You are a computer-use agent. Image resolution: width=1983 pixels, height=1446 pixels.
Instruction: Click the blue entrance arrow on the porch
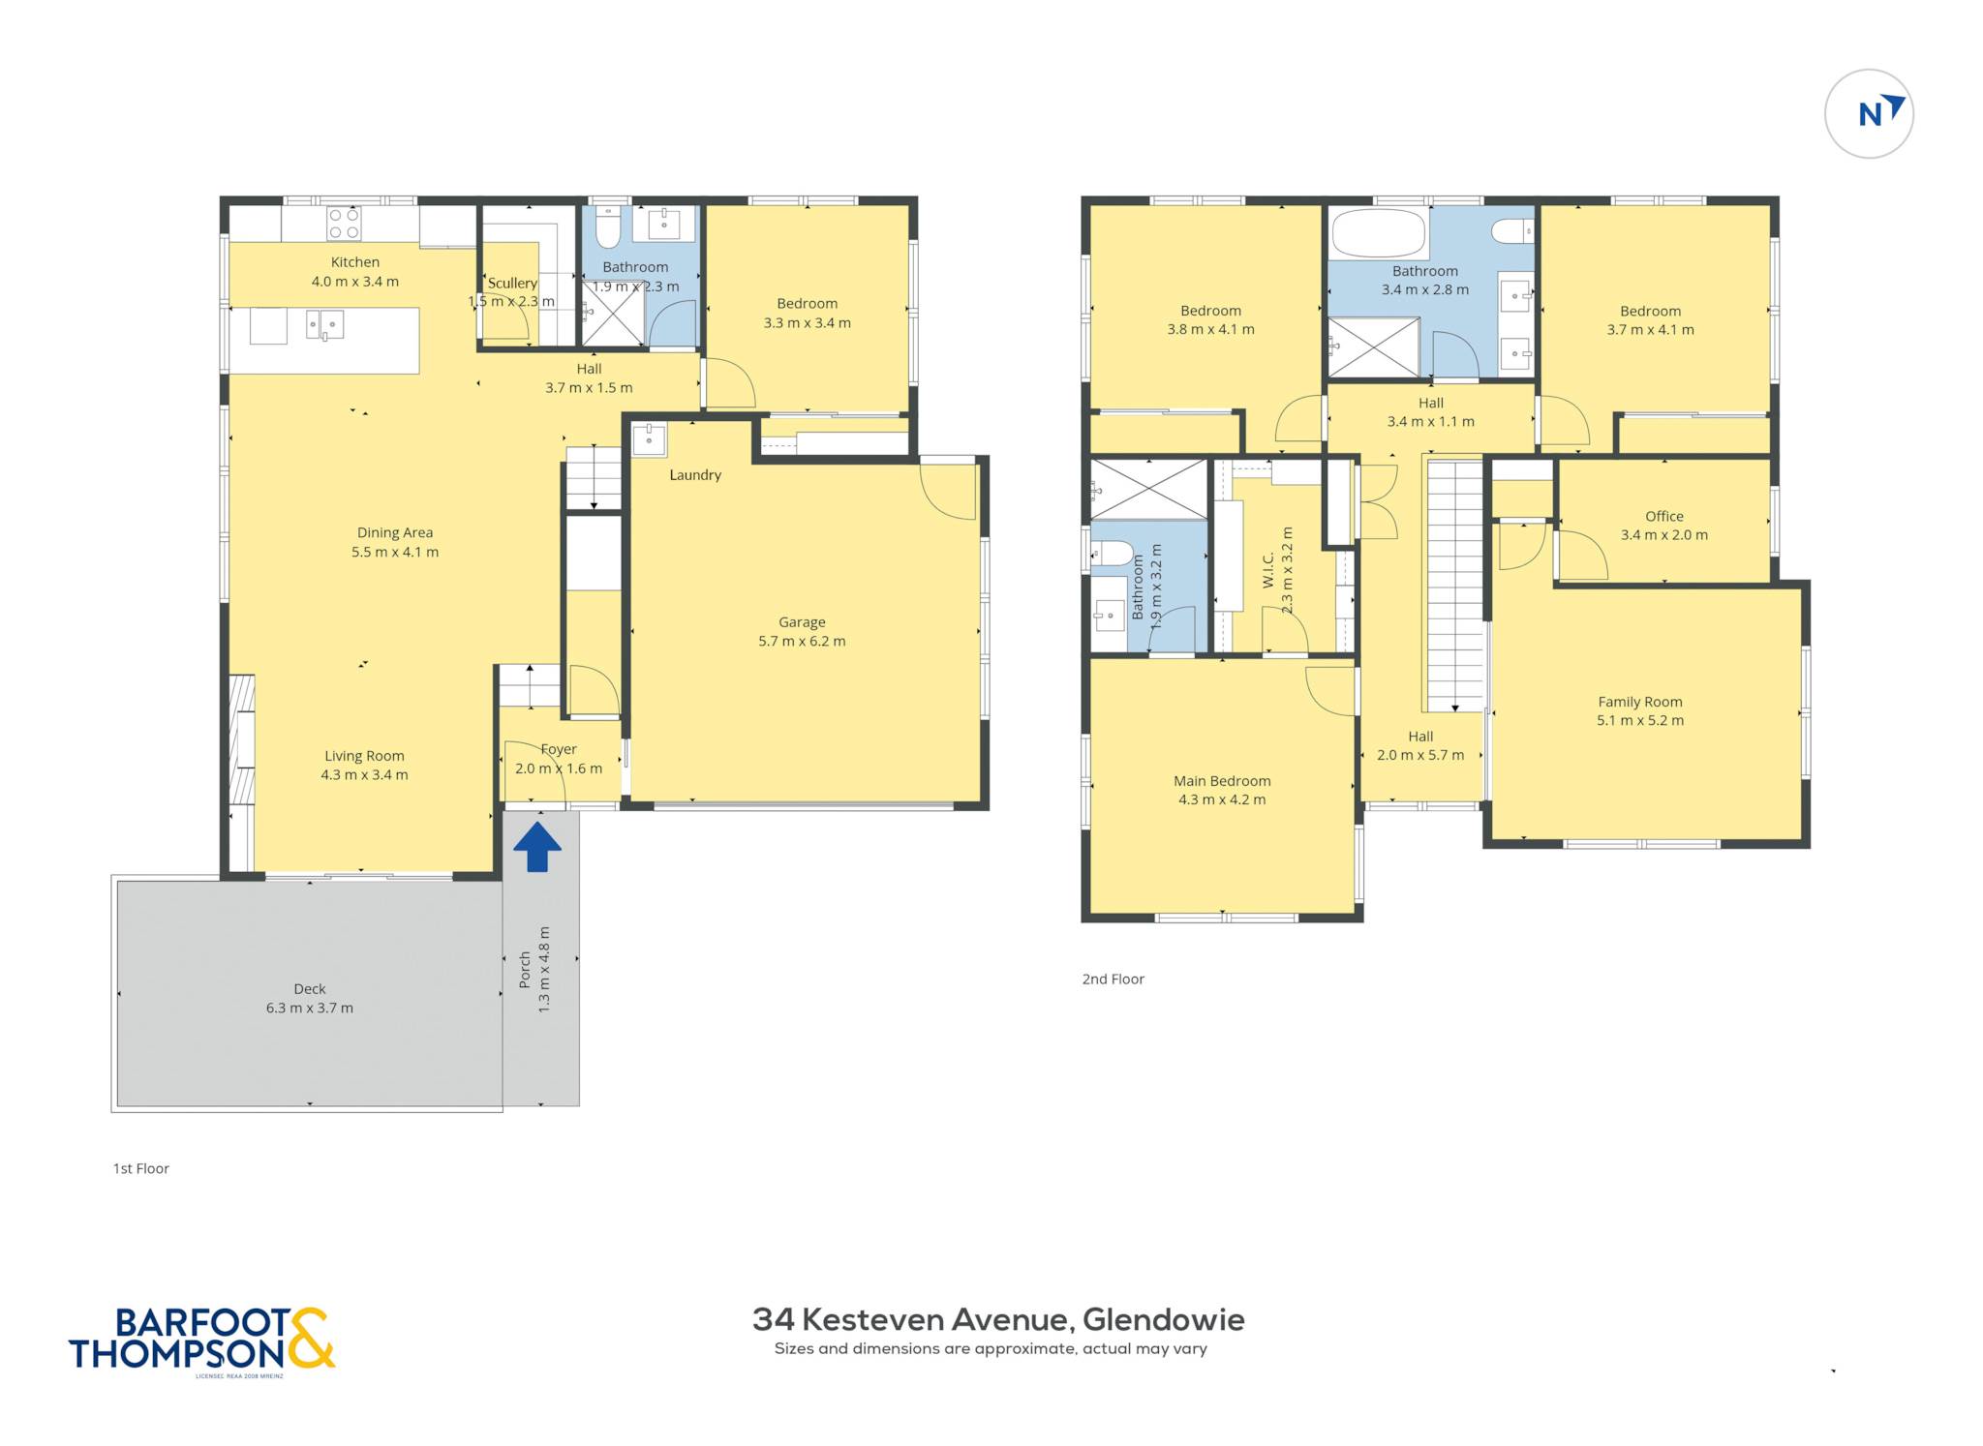(536, 847)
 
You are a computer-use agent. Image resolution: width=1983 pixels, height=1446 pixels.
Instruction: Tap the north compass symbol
(1869, 114)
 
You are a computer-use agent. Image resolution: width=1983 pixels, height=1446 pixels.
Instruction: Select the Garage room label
(802, 622)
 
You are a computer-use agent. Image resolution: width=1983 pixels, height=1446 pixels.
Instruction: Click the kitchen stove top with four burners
(344, 223)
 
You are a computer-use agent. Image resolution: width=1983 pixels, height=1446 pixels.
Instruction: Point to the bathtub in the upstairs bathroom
(1379, 233)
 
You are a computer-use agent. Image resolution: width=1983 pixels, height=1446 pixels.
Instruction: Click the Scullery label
(512, 283)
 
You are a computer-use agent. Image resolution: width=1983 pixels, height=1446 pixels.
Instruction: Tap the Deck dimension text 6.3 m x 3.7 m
(310, 1008)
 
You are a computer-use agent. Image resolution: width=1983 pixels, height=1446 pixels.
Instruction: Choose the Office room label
(1664, 516)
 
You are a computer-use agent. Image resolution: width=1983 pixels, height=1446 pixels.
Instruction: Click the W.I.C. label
(1268, 571)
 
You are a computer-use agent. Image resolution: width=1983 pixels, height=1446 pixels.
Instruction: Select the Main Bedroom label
(1222, 781)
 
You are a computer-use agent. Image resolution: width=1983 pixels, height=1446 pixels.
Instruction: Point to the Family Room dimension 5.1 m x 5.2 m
(1640, 720)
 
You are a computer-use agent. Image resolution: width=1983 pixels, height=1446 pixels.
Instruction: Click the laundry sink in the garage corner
(649, 438)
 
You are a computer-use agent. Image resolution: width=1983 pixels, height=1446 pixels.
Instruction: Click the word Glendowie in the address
(1164, 1319)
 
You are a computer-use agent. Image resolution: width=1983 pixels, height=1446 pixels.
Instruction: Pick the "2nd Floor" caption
(1113, 979)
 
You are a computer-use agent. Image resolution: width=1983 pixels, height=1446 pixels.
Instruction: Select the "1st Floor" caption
(141, 1168)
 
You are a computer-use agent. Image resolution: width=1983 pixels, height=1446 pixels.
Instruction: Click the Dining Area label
(395, 532)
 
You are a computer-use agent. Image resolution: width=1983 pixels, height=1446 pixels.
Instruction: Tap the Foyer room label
(559, 749)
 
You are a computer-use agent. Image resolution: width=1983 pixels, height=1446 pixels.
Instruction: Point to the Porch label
(525, 970)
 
